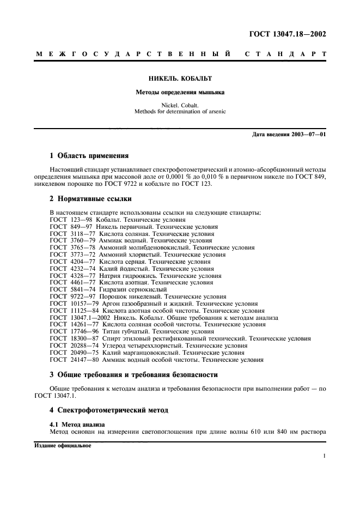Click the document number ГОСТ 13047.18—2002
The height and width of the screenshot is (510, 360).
point(288,34)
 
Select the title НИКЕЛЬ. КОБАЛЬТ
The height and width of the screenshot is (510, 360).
point(180,78)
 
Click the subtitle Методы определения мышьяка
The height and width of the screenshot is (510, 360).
point(180,92)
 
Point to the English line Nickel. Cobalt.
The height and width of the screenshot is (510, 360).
point(180,105)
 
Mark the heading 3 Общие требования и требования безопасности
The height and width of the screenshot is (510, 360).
point(133,375)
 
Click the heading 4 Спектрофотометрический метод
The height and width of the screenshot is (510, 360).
point(109,409)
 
